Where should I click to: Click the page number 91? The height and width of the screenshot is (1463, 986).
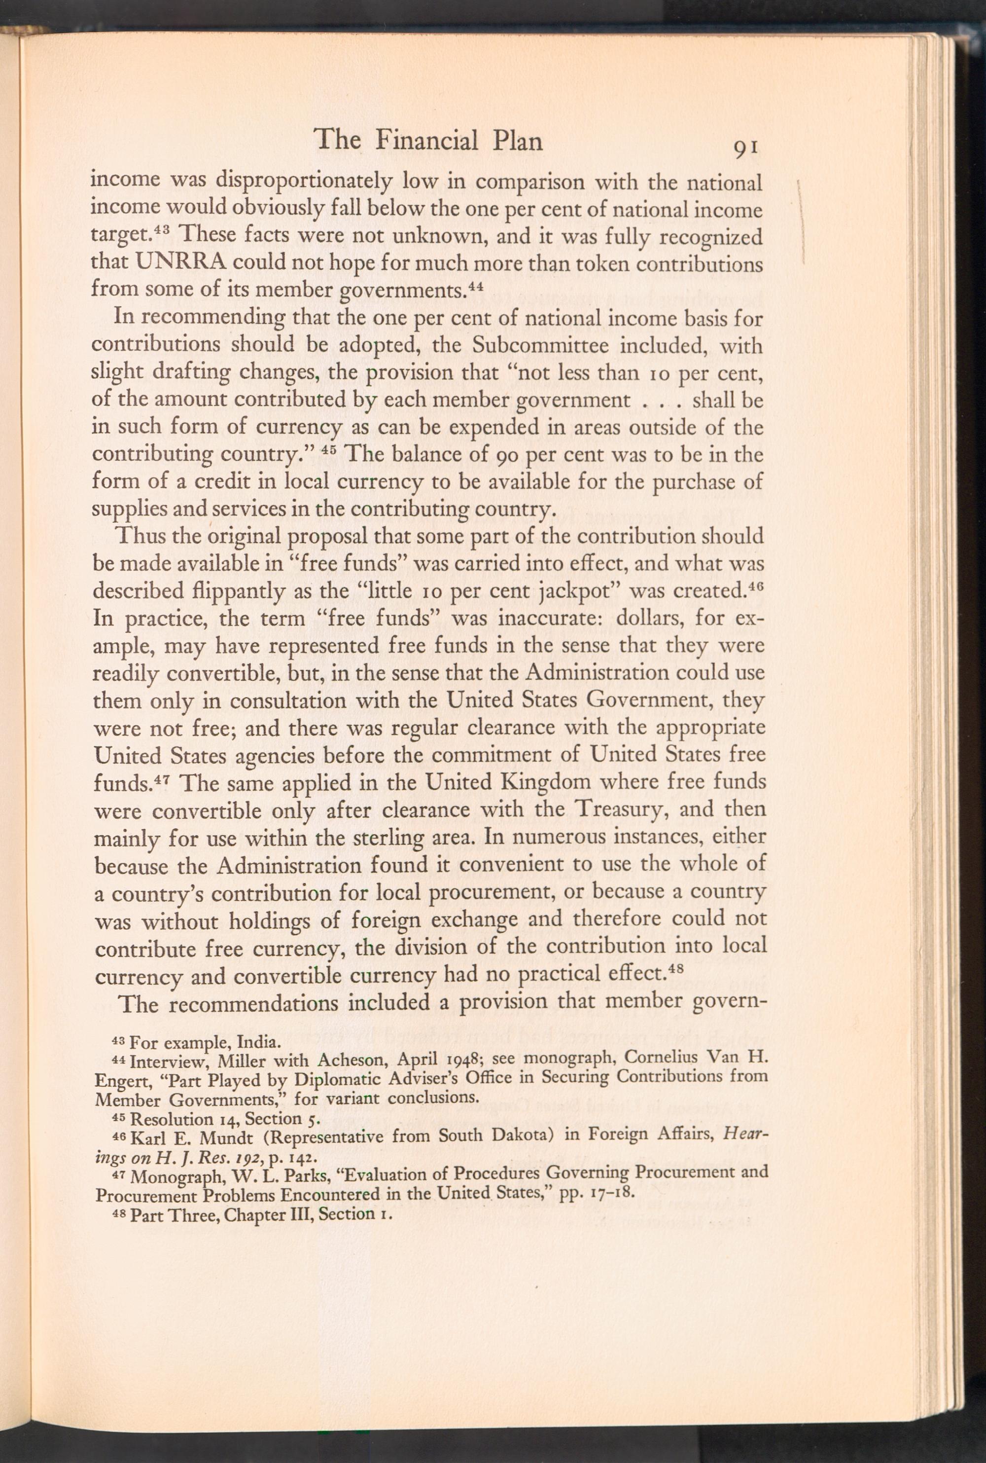point(747,148)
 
